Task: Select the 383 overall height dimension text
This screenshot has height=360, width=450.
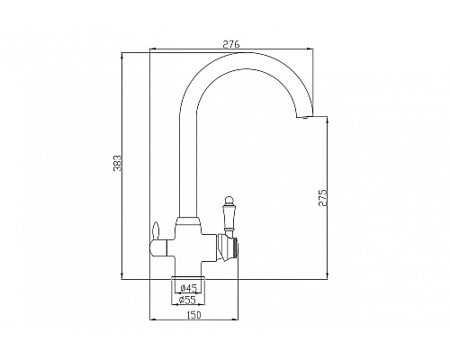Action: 129,164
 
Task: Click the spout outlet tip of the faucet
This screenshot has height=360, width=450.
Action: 305,116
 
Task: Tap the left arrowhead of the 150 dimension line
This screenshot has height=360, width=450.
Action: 150,320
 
